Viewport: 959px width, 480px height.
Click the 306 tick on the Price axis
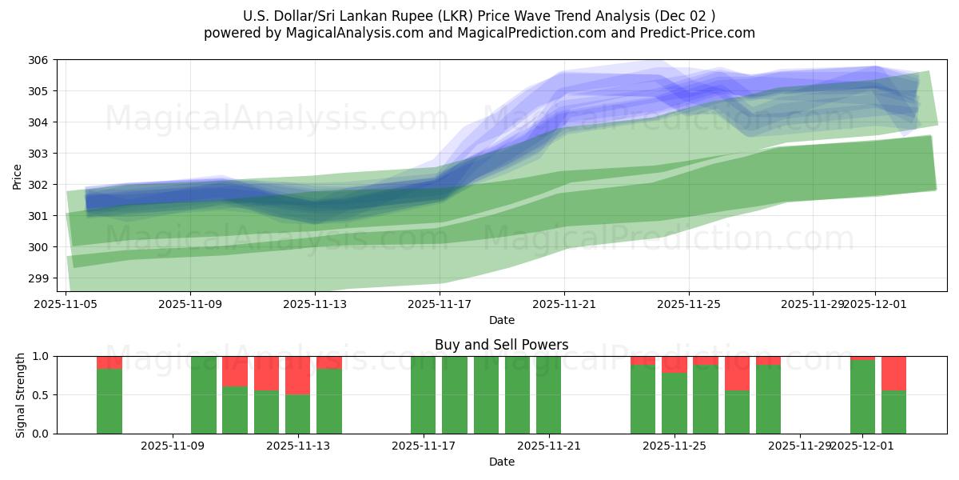(x=39, y=60)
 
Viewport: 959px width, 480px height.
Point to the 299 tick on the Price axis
(x=39, y=278)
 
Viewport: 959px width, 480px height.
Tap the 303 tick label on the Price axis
(x=39, y=154)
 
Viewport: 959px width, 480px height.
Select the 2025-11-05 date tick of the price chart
(x=66, y=304)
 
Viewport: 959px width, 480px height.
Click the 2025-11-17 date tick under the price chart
(x=440, y=304)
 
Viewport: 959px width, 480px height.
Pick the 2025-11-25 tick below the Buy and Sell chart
(x=674, y=446)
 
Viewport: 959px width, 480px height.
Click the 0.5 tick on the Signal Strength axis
(x=42, y=395)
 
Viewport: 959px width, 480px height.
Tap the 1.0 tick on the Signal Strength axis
(x=42, y=356)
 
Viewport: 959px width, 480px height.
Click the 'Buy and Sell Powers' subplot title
(x=501, y=345)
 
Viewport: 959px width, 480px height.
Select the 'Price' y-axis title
(x=18, y=176)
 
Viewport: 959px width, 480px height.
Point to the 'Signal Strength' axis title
(x=21, y=395)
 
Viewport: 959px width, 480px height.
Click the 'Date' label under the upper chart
(x=501, y=320)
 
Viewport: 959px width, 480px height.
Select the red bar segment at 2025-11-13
(x=297, y=375)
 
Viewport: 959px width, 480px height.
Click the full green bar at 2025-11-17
(x=424, y=395)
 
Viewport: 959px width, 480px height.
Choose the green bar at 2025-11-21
(x=548, y=395)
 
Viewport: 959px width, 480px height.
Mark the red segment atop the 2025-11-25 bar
(x=674, y=364)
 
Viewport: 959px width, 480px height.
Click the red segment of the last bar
(x=893, y=373)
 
